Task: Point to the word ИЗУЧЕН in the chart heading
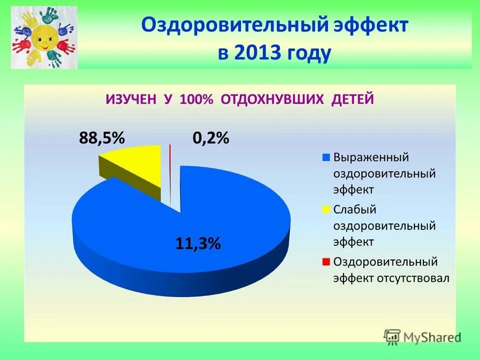[x=132, y=99]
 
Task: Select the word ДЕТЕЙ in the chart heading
[x=352, y=99]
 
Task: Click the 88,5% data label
[x=101, y=138]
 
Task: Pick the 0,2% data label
[x=211, y=138]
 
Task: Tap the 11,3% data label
[x=198, y=243]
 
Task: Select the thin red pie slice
[x=170, y=175]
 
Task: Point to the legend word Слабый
[x=354, y=209]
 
